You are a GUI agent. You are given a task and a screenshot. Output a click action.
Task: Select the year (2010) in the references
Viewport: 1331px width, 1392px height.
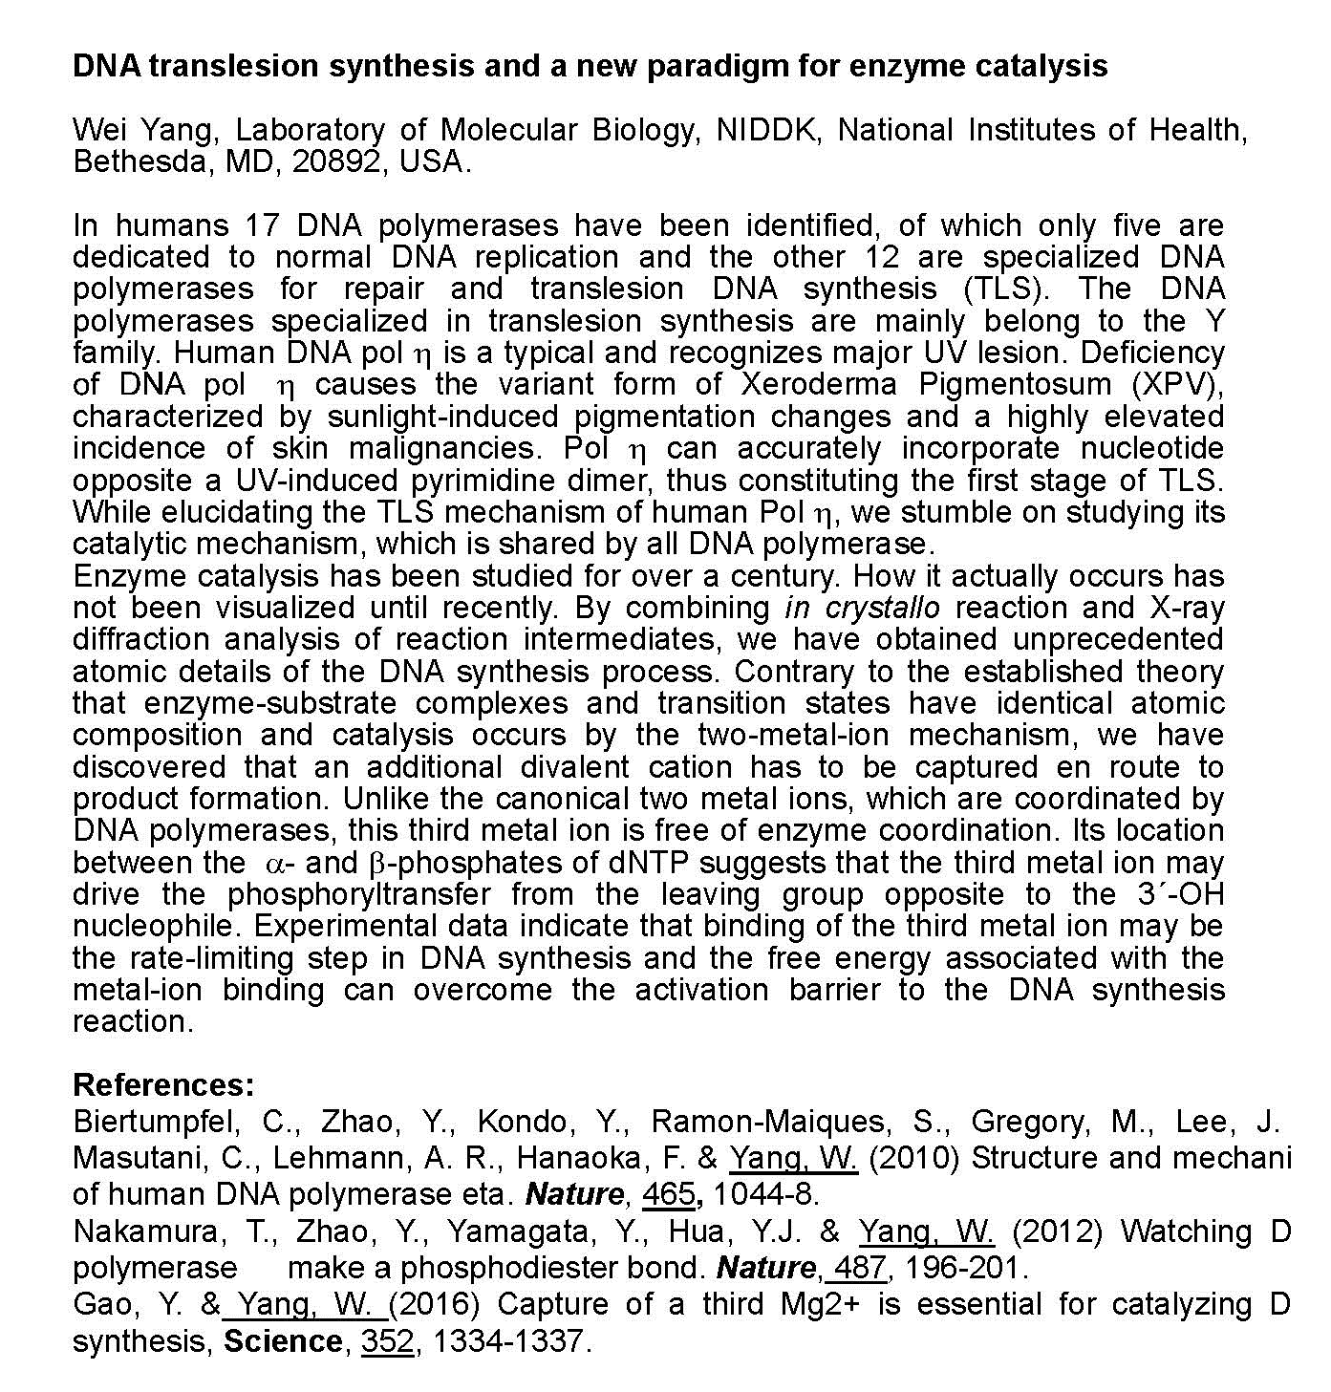coord(916,1158)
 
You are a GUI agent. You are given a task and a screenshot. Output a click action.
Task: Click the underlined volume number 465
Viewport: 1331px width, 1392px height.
coord(668,1194)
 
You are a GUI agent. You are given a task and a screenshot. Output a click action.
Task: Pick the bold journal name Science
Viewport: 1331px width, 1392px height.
coord(283,1341)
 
